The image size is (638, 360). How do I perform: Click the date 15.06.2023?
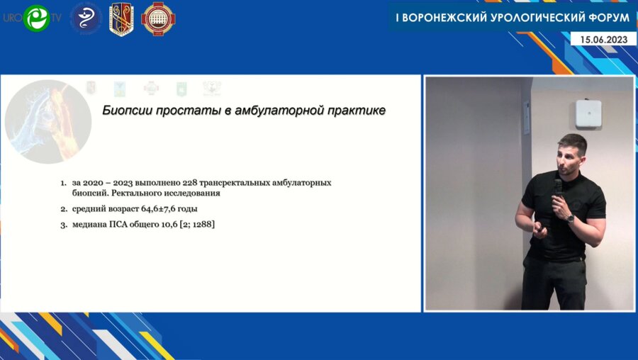click(x=608, y=40)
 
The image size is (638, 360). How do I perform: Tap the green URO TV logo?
click(x=35, y=18)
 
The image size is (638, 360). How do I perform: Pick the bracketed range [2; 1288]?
click(x=191, y=225)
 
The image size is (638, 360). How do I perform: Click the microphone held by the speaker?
click(x=558, y=188)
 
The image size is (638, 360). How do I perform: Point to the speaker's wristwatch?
click(x=570, y=219)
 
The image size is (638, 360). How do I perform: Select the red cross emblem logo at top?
click(x=158, y=18)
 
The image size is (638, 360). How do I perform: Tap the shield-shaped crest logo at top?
click(x=121, y=19)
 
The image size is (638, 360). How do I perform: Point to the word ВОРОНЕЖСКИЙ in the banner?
click(x=437, y=16)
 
